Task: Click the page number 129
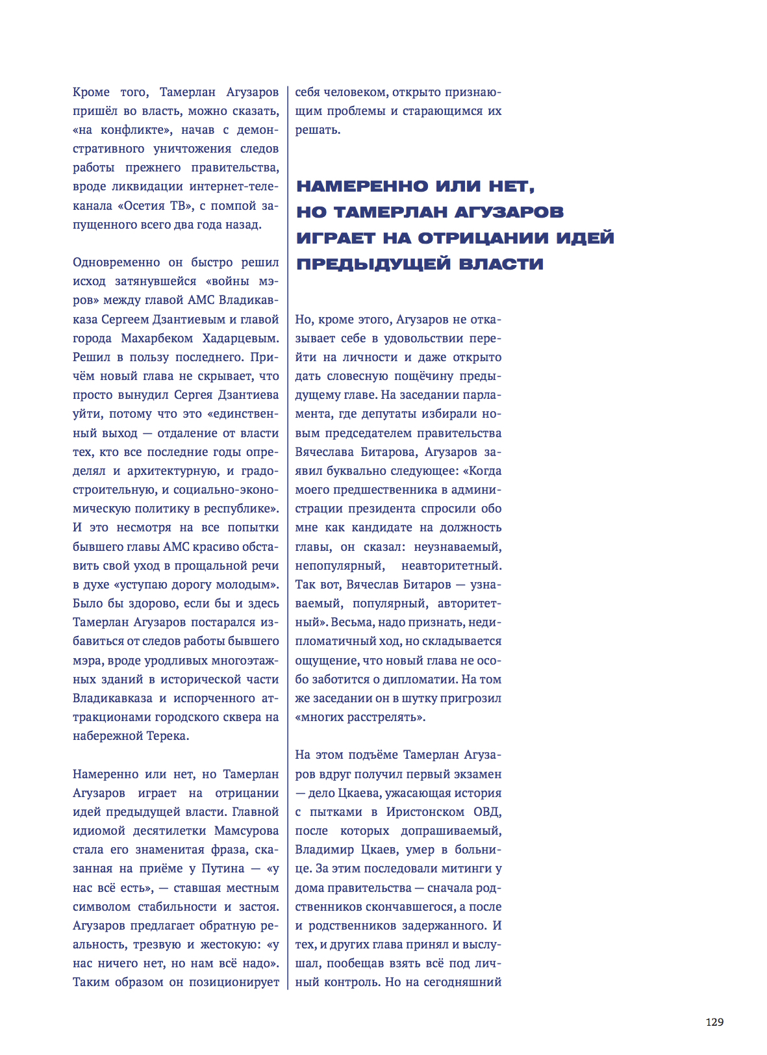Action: [714, 1022]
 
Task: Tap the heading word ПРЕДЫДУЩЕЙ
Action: [372, 264]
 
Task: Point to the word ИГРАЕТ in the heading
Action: [336, 238]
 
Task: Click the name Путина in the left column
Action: [223, 869]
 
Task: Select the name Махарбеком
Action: [157, 338]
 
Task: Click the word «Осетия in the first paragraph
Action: [141, 206]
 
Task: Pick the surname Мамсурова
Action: [246, 831]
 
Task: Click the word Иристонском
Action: [425, 812]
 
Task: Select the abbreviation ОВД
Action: [487, 812]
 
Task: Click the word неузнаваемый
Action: [457, 547]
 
